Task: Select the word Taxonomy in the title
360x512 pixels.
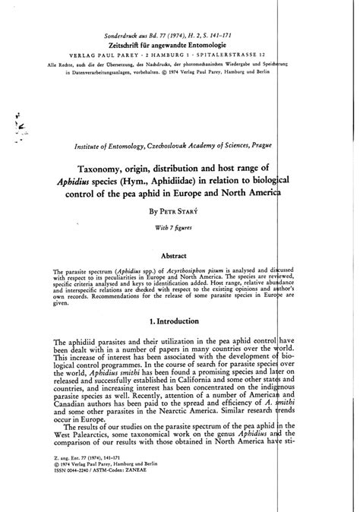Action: click(x=124, y=168)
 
